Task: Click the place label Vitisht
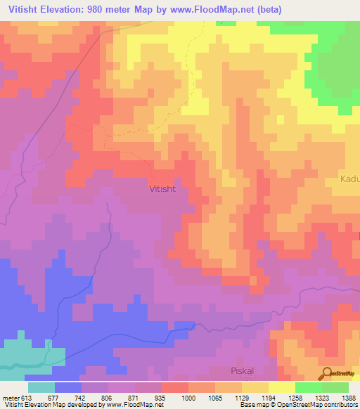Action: [x=167, y=189]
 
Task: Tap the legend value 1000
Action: [x=189, y=397]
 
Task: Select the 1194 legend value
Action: [x=268, y=397]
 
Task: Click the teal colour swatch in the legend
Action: [x=41, y=387]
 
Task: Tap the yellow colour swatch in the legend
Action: [x=281, y=387]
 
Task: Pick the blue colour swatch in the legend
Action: [x=68, y=387]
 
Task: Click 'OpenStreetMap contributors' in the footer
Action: [x=319, y=405]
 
